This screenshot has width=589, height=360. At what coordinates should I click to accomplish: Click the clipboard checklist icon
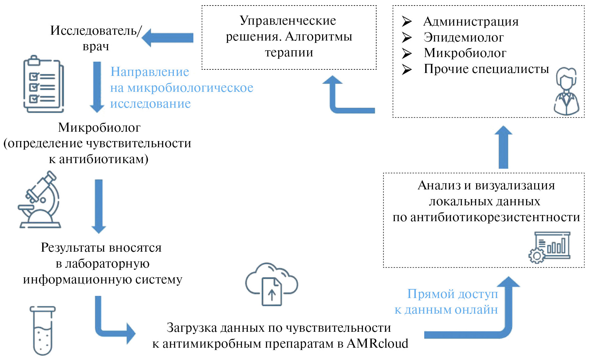tap(43, 84)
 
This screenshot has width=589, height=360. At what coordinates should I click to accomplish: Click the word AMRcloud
tap(377, 343)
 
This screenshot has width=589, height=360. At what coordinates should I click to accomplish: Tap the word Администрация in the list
tap(471, 21)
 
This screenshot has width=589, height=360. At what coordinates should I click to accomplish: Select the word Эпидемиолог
tap(463, 37)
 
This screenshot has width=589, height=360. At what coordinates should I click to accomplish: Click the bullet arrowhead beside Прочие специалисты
tap(407, 69)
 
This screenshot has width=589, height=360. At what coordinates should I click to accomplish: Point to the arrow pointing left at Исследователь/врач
tap(167, 38)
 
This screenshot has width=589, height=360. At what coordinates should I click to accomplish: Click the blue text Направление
tap(150, 72)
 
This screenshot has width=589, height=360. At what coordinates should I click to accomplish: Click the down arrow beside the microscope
tap(99, 206)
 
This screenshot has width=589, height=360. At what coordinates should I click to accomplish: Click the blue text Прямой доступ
tap(452, 294)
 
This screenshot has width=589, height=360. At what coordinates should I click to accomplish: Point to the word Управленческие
tap(288, 20)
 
